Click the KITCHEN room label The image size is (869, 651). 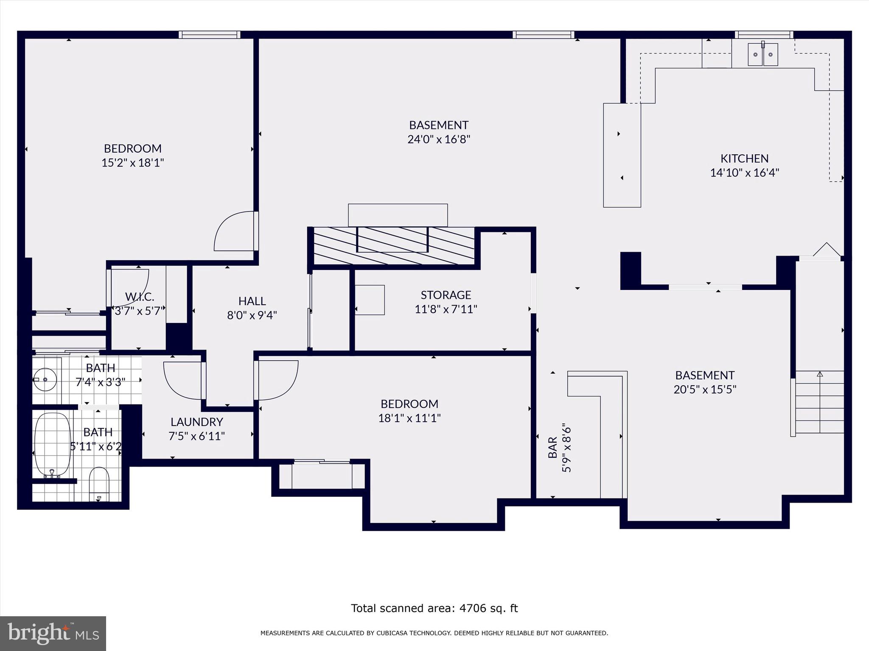coord(744,159)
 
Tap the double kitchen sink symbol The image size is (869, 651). coord(762,55)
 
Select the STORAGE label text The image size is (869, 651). coord(446,295)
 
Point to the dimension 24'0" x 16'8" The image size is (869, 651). coord(439,139)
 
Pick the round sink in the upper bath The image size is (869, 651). coord(45,379)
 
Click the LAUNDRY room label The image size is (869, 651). coord(196,422)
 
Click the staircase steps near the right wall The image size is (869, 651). coord(819,403)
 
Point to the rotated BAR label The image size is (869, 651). coord(552,448)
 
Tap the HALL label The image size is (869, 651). coord(252,301)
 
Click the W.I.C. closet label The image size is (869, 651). coord(139,296)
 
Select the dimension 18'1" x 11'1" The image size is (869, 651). coord(409,418)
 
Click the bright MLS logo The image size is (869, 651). coord(53,633)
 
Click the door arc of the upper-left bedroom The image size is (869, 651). coord(233,231)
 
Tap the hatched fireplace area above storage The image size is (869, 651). coord(393,246)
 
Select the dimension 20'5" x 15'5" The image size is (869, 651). coord(704,389)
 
